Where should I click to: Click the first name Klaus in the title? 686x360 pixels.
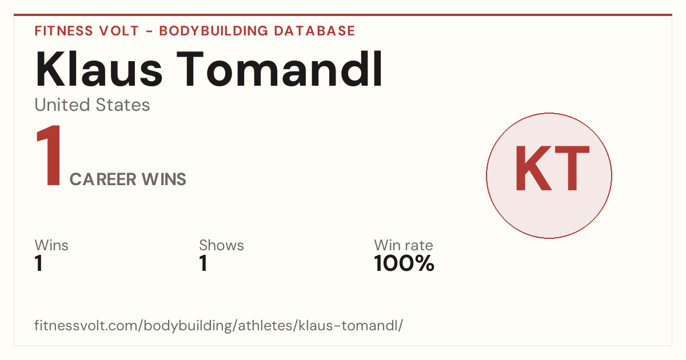pyautogui.click(x=98, y=69)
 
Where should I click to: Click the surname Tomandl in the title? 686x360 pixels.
pyautogui.click(x=280, y=69)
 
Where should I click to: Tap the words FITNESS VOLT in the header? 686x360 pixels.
pyautogui.click(x=87, y=31)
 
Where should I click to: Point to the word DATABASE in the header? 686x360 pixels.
pyautogui.click(x=314, y=31)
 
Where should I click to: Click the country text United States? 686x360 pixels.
pyautogui.click(x=92, y=105)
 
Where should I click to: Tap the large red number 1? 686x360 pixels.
pyautogui.click(x=49, y=155)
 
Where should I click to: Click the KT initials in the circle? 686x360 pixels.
pyautogui.click(x=552, y=168)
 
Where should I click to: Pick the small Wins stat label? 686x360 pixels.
pyautogui.click(x=51, y=245)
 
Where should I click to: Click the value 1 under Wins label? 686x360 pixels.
pyautogui.click(x=39, y=263)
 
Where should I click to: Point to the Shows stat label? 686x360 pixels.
pyautogui.click(x=221, y=245)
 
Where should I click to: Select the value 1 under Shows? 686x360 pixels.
pyautogui.click(x=204, y=263)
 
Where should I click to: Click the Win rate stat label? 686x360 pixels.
pyautogui.click(x=404, y=245)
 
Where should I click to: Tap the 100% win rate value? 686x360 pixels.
pyautogui.click(x=404, y=263)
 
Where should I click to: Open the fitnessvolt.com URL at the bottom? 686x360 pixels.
pyautogui.click(x=218, y=326)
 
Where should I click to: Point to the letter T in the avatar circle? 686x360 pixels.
pyautogui.click(x=572, y=168)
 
